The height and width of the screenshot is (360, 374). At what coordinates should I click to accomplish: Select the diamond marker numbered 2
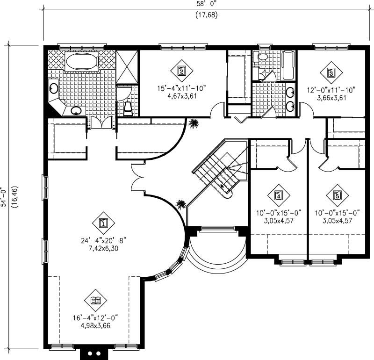[182, 71]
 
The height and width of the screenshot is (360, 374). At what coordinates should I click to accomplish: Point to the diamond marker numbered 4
[279, 195]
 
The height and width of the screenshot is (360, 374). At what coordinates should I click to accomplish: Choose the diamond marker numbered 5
[337, 195]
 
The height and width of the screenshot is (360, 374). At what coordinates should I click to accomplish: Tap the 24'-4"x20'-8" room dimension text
[103, 241]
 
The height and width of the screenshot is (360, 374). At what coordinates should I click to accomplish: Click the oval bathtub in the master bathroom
[81, 62]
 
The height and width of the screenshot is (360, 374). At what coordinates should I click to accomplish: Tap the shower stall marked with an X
[127, 65]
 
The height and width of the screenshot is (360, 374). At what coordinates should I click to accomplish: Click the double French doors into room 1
[138, 180]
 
